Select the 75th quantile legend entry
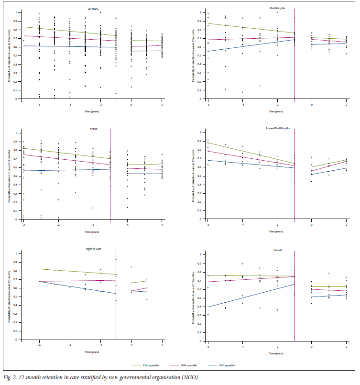coord(229,365)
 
